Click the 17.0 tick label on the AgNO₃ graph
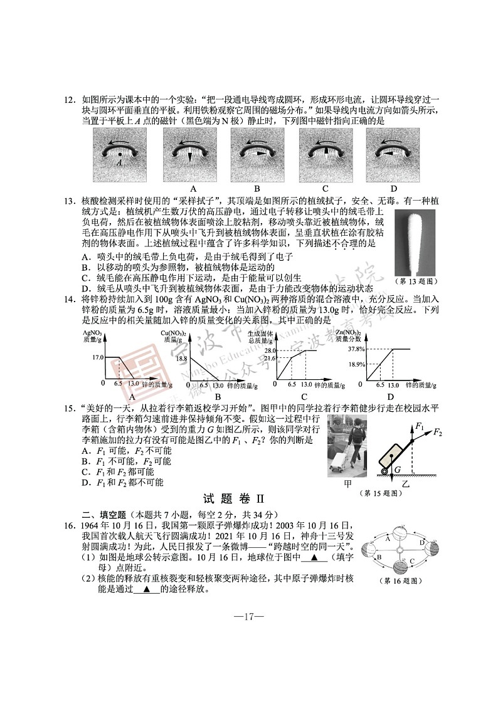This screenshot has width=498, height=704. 97,357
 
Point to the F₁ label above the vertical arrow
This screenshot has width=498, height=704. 419,426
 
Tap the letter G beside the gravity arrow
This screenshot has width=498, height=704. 398,468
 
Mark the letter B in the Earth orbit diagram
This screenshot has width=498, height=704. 379,557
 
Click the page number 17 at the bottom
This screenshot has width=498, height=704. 248,617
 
